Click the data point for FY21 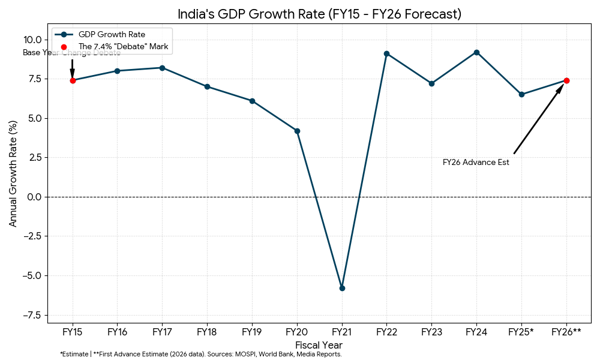point(342,288)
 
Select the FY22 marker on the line point(386,53)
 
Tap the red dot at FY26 point(566,80)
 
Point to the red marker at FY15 point(73,80)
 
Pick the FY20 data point point(297,131)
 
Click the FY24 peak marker point(476,52)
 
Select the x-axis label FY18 point(207,331)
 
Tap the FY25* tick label point(521,331)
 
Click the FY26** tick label point(566,331)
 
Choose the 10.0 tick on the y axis point(33,40)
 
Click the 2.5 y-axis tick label point(35,157)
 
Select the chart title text point(319,14)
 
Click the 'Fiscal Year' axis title point(319,345)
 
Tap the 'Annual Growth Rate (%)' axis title point(13,173)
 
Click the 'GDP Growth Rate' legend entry point(112,34)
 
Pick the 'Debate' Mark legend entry point(123,46)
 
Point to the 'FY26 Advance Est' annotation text point(476,162)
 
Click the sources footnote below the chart point(201,355)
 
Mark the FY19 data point point(252,101)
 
